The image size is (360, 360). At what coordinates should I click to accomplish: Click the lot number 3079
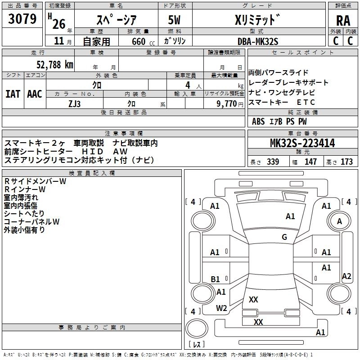(x=23, y=19)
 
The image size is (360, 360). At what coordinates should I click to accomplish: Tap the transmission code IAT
(x=13, y=94)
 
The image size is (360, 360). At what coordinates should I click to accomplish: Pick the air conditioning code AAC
(x=34, y=94)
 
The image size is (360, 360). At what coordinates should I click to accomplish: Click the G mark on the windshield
(x=284, y=237)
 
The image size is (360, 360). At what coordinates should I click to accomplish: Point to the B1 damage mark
(x=216, y=279)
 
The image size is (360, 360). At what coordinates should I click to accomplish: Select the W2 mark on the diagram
(x=221, y=308)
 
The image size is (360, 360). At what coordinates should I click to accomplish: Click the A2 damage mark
(x=346, y=276)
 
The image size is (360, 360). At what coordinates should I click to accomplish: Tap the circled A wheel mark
(x=339, y=221)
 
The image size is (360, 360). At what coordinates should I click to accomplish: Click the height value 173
(x=346, y=162)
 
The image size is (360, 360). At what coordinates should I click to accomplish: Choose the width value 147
(x=310, y=162)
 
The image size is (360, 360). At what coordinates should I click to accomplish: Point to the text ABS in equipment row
(x=258, y=121)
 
